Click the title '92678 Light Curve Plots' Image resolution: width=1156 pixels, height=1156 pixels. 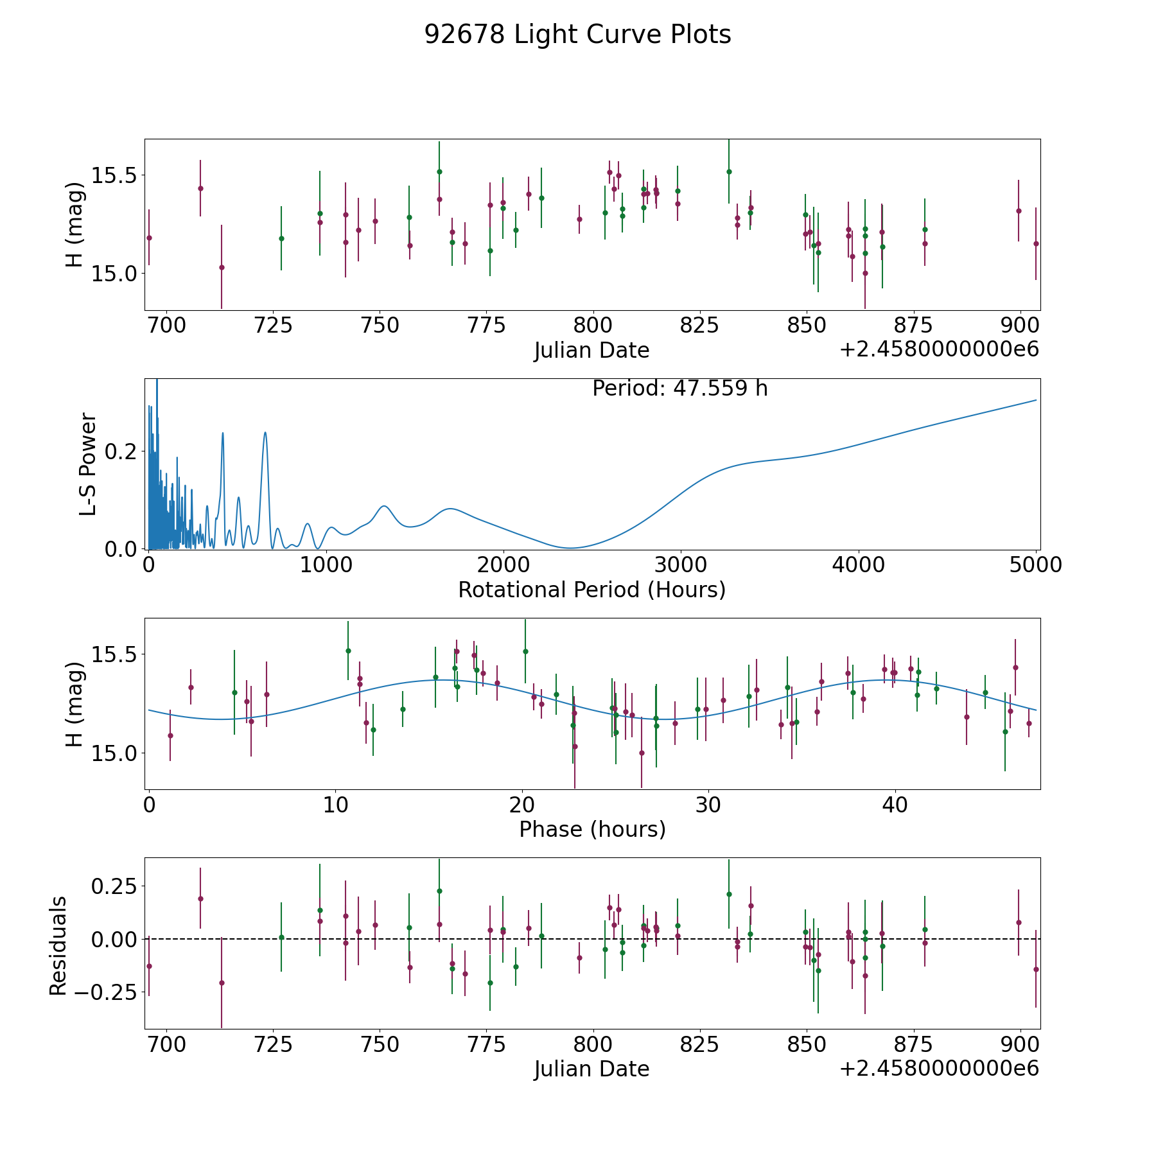click(x=577, y=35)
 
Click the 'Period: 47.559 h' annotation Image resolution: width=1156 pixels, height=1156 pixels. click(x=679, y=389)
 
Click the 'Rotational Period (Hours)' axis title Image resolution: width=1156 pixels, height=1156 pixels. click(x=591, y=590)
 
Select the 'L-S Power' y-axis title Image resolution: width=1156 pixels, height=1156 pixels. click(x=88, y=464)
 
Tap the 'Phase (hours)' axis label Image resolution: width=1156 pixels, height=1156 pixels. click(x=591, y=829)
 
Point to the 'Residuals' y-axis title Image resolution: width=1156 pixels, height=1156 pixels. click(x=58, y=946)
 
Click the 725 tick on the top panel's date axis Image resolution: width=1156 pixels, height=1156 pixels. click(x=273, y=326)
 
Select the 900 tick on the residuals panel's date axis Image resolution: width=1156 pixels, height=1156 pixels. click(x=1020, y=1044)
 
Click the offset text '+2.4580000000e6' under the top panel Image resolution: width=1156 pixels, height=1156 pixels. click(x=939, y=350)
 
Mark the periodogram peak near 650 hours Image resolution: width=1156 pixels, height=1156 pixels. click(x=265, y=433)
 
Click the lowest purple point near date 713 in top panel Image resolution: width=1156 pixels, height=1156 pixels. click(x=222, y=267)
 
